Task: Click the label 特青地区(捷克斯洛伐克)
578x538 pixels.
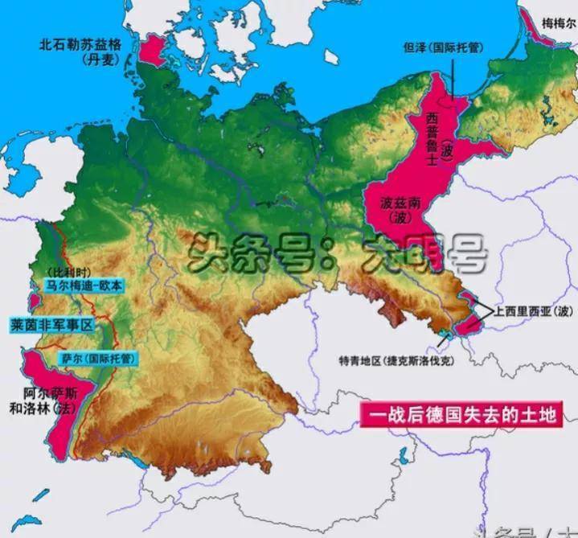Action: pyautogui.click(x=397, y=361)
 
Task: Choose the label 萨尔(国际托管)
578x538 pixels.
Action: pyautogui.click(x=96, y=357)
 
